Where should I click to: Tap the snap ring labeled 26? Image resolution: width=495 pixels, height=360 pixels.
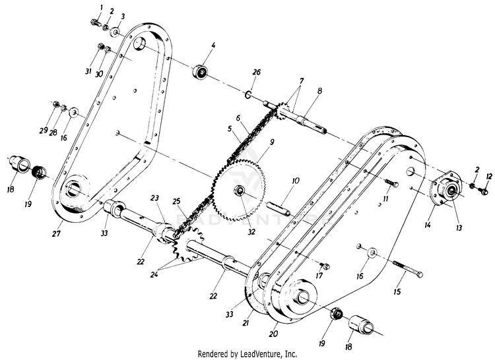[248, 94]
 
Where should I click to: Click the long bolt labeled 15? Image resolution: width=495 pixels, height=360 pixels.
[408, 269]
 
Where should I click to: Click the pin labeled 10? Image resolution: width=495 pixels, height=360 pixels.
[279, 209]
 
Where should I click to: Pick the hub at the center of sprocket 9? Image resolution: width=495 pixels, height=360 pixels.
[240, 191]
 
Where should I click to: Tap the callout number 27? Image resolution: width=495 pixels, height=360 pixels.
[56, 233]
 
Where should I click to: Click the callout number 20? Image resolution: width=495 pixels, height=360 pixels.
[273, 333]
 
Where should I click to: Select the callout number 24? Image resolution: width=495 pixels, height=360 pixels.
[154, 274]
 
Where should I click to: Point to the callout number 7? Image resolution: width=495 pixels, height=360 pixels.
[301, 80]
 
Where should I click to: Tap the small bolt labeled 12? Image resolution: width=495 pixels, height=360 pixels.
[482, 191]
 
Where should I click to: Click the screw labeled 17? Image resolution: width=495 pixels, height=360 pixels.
[325, 266]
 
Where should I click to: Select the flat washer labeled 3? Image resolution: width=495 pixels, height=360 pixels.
[114, 32]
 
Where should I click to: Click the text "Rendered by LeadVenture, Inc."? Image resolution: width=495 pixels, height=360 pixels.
[247, 353]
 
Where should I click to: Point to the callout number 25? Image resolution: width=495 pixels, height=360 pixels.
[176, 201]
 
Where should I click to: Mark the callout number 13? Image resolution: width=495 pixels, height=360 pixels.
[459, 227]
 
